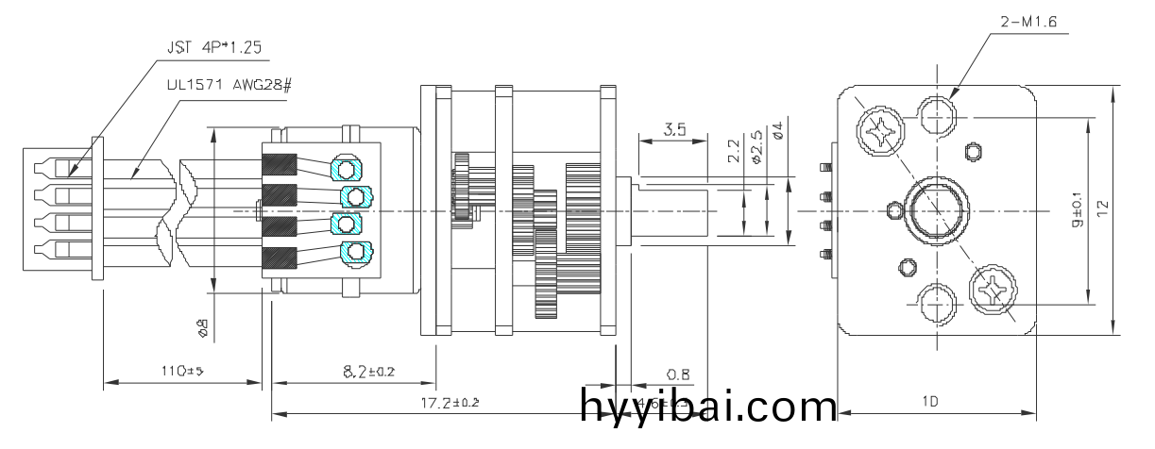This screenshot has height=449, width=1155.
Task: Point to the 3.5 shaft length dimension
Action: (x=674, y=130)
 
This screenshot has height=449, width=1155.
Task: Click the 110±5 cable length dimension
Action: (x=179, y=371)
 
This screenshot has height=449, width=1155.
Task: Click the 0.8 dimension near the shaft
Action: (x=677, y=374)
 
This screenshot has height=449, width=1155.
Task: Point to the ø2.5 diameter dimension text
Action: (x=756, y=146)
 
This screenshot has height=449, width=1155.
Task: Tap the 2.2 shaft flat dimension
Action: (x=734, y=152)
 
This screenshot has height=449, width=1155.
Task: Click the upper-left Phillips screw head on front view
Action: (x=880, y=130)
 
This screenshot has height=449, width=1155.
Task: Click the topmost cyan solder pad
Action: (x=347, y=170)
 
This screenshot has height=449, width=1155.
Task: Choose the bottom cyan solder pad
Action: (x=354, y=252)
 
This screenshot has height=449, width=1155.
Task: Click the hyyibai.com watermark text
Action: (x=708, y=407)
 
